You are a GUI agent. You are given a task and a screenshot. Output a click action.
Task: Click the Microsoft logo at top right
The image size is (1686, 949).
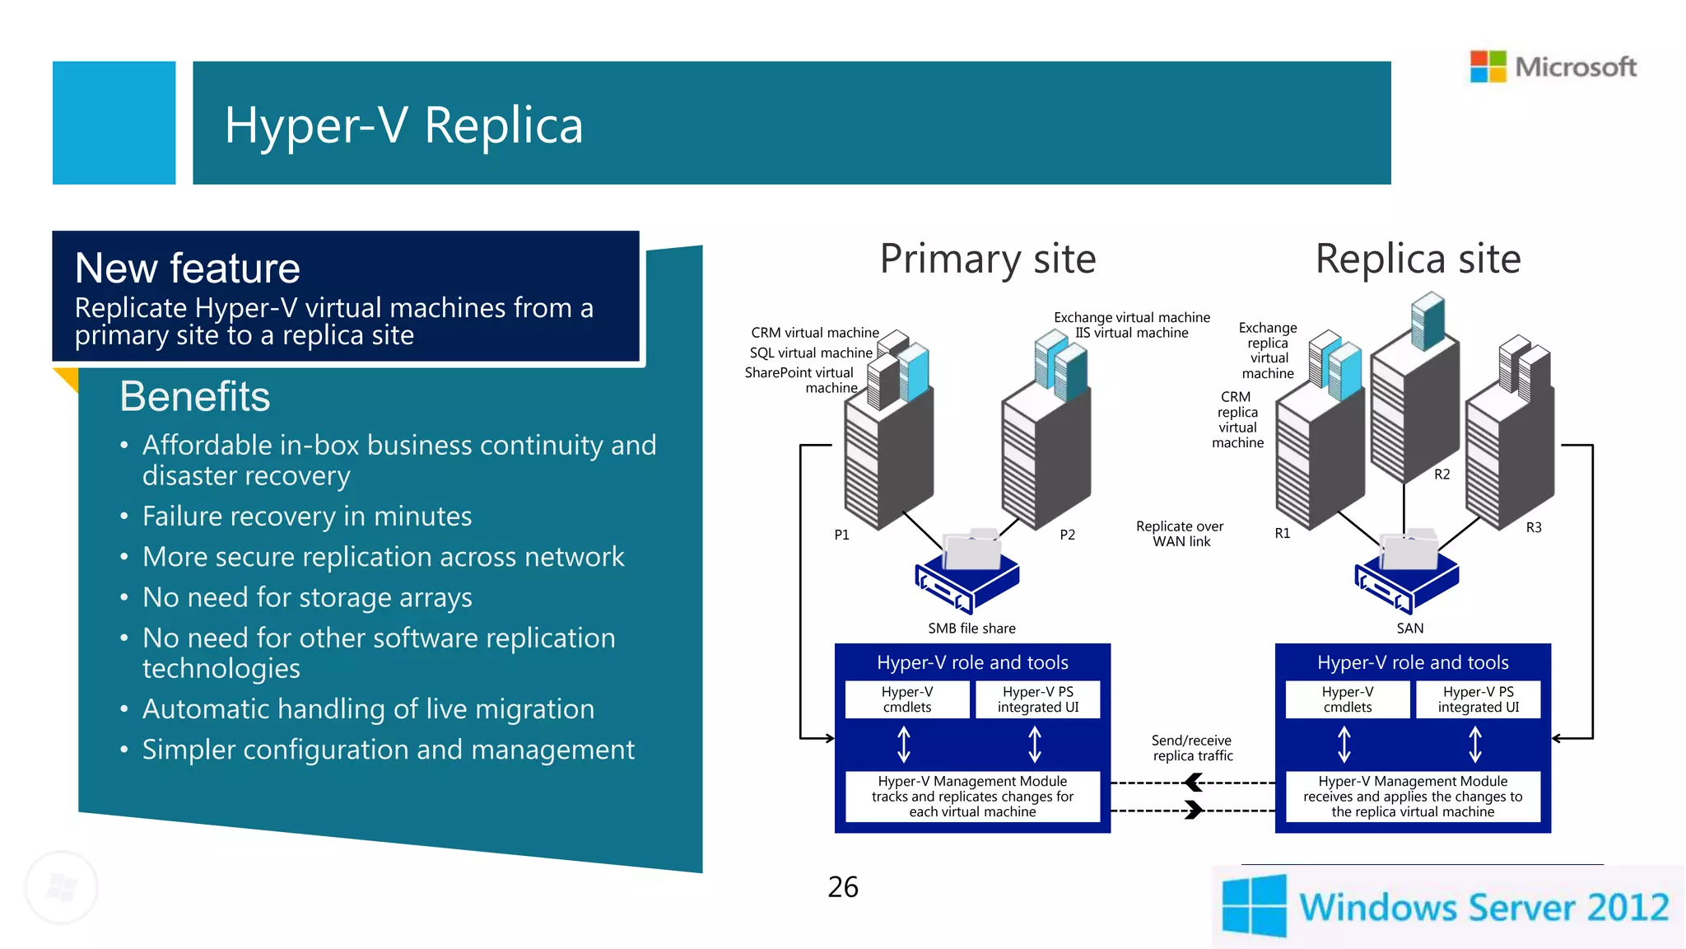[x=1553, y=67]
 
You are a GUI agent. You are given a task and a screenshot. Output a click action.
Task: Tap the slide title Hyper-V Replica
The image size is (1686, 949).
[x=403, y=125]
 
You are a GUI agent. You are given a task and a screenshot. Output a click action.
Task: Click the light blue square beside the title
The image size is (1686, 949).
[x=114, y=123]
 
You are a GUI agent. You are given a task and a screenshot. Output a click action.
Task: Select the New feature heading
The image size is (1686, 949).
[x=188, y=269]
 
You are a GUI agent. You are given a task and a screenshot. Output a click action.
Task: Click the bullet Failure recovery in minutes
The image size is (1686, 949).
[x=306, y=517]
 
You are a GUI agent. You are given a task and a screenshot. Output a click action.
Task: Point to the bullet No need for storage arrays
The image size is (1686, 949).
[x=306, y=597]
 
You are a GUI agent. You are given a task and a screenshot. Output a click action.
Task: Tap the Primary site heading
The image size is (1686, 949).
[x=987, y=259]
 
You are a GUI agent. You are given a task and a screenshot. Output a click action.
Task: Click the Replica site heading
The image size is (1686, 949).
[x=1417, y=259]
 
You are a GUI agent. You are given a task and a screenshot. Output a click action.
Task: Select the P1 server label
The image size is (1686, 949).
[x=841, y=535]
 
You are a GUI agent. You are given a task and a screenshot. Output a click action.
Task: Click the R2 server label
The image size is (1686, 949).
[x=1441, y=474]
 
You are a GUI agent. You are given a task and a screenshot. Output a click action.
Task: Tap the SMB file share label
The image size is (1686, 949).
[x=971, y=629]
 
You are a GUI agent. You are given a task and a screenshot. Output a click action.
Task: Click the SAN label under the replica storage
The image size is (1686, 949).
[x=1409, y=629]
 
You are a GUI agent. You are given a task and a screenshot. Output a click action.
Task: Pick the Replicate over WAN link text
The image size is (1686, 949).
[x=1180, y=534]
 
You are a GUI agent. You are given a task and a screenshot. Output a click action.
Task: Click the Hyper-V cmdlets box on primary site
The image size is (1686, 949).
[x=907, y=699]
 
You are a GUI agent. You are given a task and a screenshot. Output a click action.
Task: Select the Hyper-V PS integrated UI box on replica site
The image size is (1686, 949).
[x=1478, y=699]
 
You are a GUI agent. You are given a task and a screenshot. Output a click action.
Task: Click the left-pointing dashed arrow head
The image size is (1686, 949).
[x=1193, y=783]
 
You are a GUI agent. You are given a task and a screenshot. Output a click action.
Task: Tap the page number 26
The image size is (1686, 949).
[x=842, y=887]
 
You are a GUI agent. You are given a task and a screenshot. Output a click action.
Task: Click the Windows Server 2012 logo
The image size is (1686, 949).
[x=1446, y=906]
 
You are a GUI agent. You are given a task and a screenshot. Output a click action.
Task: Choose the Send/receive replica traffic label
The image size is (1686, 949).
[x=1191, y=748]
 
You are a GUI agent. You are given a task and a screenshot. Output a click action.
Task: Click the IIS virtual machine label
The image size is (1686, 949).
[x=1131, y=333]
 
